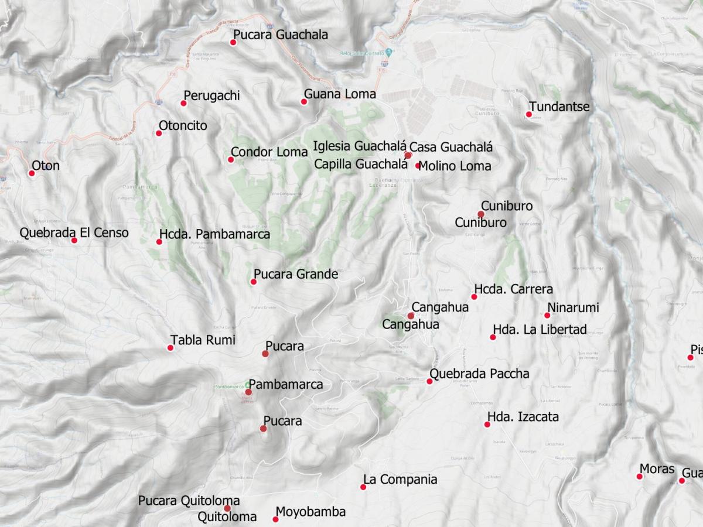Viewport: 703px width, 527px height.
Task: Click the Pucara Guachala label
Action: [x=280, y=35]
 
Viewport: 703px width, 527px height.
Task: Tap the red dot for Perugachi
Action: [x=183, y=103]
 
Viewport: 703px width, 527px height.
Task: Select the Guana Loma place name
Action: [x=340, y=94]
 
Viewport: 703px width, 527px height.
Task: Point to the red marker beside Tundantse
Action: [x=528, y=115]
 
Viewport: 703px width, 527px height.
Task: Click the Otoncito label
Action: [x=183, y=126]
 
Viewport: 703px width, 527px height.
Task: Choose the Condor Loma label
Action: [x=269, y=152]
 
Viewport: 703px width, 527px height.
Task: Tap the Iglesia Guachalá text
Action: [x=360, y=146]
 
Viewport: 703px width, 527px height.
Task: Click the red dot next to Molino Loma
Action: [x=418, y=166]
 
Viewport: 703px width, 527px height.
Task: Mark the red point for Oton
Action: [x=32, y=173]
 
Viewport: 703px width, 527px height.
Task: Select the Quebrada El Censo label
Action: [x=74, y=232]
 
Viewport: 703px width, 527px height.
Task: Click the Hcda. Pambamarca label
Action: [x=214, y=234]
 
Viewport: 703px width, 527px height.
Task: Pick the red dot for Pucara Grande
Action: [x=254, y=282]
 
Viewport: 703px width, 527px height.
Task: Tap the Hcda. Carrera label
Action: [x=513, y=289]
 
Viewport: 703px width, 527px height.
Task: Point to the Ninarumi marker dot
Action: [x=547, y=315]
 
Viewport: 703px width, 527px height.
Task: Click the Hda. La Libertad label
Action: [x=540, y=330]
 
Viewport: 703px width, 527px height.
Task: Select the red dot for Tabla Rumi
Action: [x=170, y=348]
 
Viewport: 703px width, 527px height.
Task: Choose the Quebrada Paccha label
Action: [x=479, y=374]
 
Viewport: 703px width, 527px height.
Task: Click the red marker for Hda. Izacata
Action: [x=487, y=425]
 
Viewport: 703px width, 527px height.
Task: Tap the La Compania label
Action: [x=400, y=480]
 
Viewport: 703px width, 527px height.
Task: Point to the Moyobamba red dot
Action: [x=275, y=519]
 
